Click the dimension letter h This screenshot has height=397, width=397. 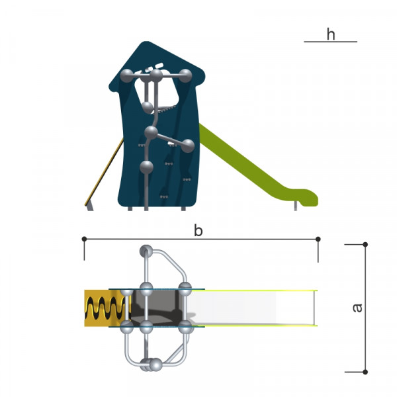click(x=331, y=34)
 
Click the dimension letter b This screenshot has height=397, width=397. click(x=198, y=231)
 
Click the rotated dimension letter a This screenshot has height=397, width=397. click(x=357, y=308)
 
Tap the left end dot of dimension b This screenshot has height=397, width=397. click(x=84, y=239)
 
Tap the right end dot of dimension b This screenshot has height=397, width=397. click(x=318, y=239)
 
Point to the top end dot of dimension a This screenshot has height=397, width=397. click(x=365, y=244)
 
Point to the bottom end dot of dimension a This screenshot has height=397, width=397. click(x=365, y=372)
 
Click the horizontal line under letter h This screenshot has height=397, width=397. click(x=330, y=42)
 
